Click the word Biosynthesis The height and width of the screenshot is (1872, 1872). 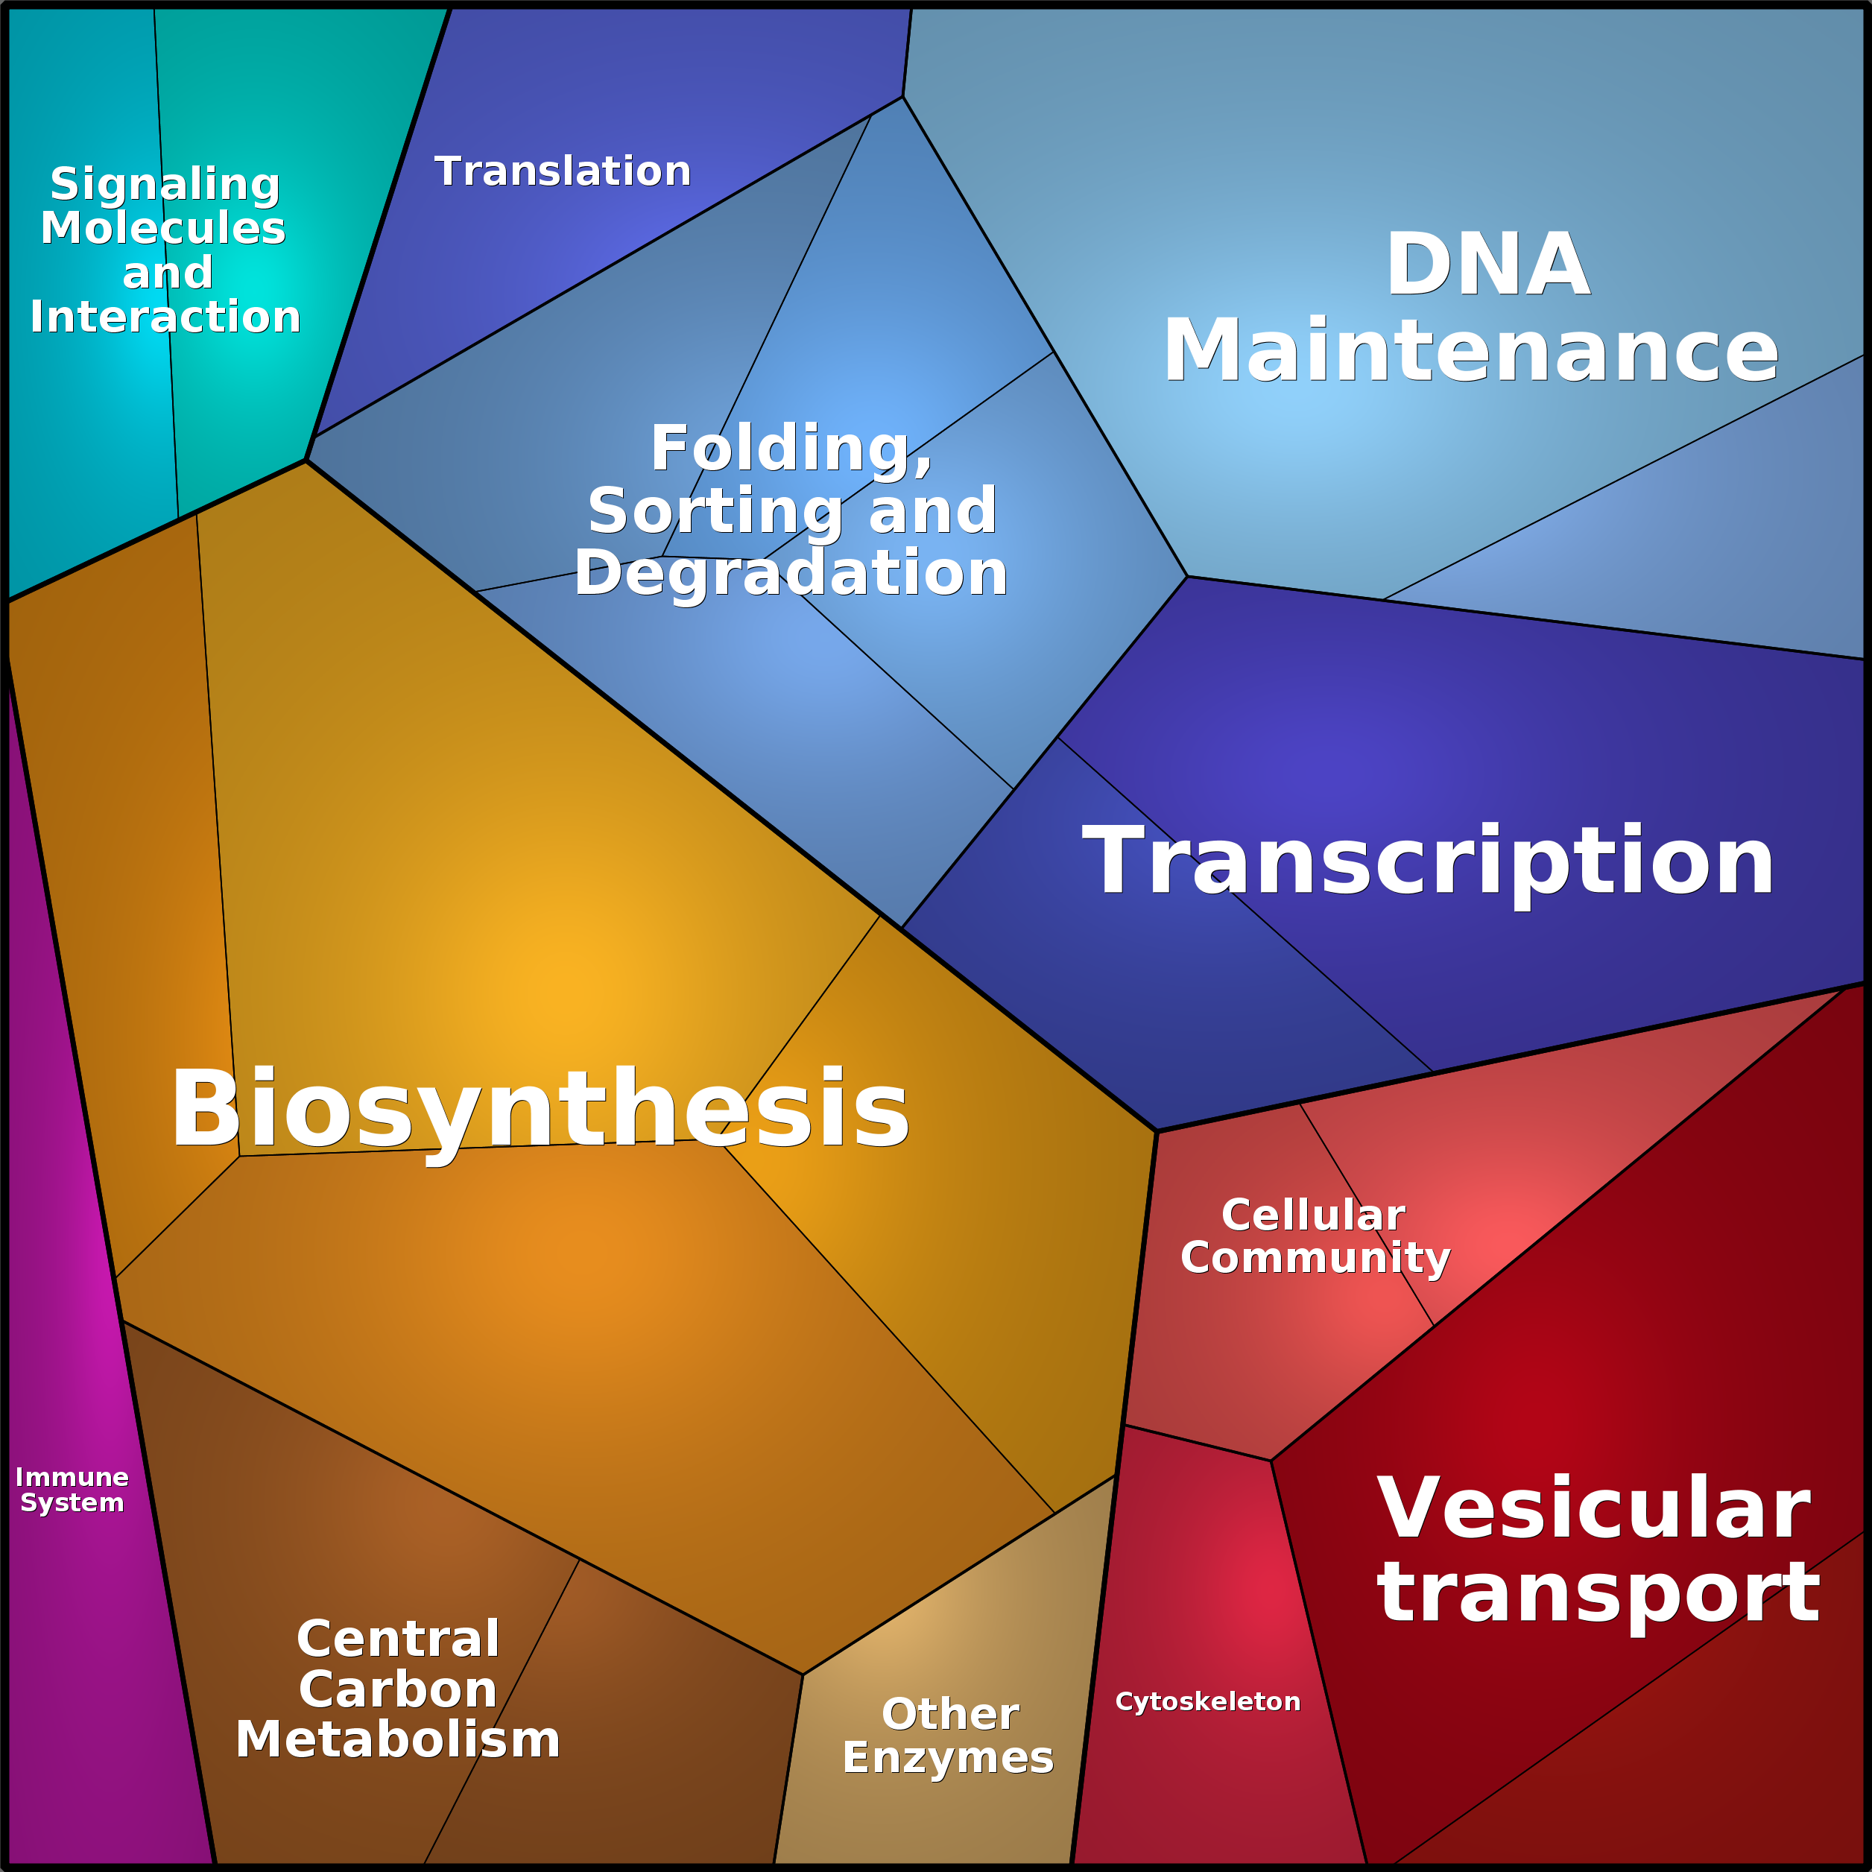tap(540, 1111)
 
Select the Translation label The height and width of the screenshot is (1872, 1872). tap(563, 171)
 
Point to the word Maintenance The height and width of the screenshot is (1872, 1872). tap(1471, 351)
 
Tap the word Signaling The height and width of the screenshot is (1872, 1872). tap(165, 185)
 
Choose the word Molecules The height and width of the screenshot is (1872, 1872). tap(162, 229)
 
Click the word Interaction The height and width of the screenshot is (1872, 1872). tap(165, 317)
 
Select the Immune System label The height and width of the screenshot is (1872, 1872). tap(72, 1490)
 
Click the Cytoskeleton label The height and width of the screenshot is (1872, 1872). tap(1207, 1701)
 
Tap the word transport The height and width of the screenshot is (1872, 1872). tap(1598, 1592)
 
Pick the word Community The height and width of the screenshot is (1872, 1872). tap(1315, 1259)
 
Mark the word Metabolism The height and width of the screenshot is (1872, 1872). tap(398, 1739)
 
